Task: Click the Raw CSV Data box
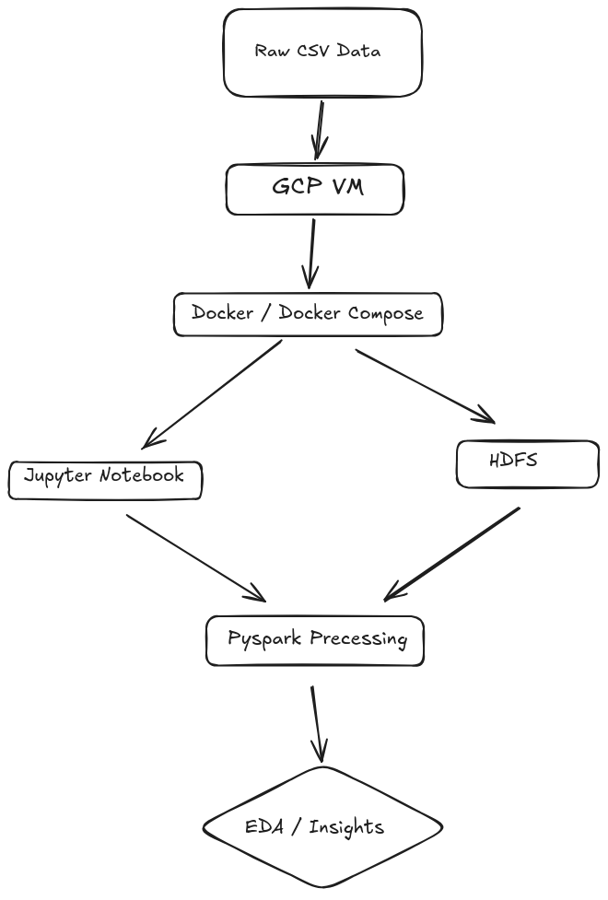(322, 53)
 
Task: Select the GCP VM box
(315, 189)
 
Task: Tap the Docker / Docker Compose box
(308, 314)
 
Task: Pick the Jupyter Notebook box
(105, 479)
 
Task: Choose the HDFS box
(527, 463)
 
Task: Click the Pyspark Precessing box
(315, 640)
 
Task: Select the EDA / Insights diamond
(322, 826)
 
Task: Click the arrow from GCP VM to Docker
(312, 252)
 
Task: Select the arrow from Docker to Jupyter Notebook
(213, 393)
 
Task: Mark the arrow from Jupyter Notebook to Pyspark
(194, 555)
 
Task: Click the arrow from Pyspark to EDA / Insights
(318, 723)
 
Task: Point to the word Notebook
(142, 475)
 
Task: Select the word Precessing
(358, 639)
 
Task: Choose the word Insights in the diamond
(346, 827)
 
